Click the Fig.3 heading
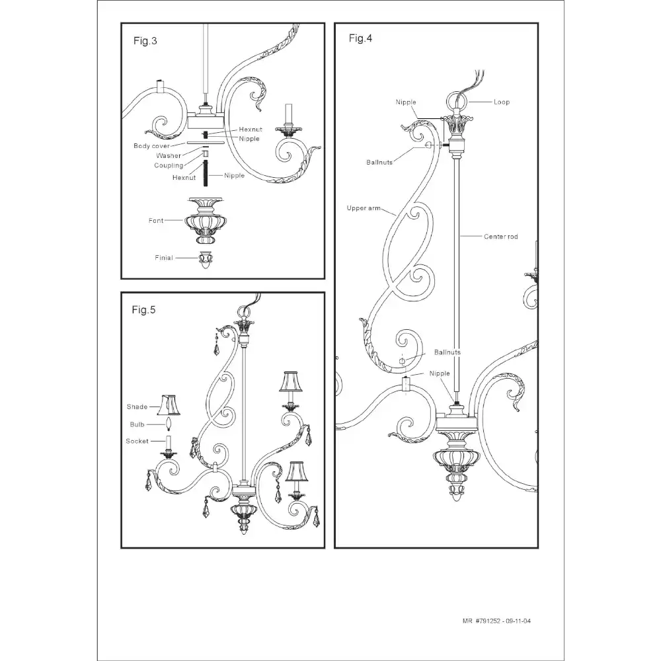pyautogui.click(x=145, y=41)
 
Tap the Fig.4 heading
pyautogui.click(x=360, y=38)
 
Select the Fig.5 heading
pyautogui.click(x=143, y=310)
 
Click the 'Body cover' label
pyautogui.click(x=152, y=146)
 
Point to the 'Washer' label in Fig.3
pyautogui.click(x=169, y=155)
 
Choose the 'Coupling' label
pyautogui.click(x=169, y=166)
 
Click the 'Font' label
pyautogui.click(x=156, y=221)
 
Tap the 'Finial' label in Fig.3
pyautogui.click(x=164, y=258)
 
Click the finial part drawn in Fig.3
pyautogui.click(x=206, y=260)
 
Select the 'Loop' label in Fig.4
pyautogui.click(x=502, y=102)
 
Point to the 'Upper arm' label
pyautogui.click(x=364, y=208)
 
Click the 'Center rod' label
pyautogui.click(x=501, y=237)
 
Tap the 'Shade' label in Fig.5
pyautogui.click(x=137, y=407)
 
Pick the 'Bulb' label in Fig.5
pyautogui.click(x=137, y=424)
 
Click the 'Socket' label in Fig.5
pyautogui.click(x=137, y=441)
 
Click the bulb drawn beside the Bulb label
pyautogui.click(x=169, y=424)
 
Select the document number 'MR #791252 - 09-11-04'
pyautogui.click(x=496, y=621)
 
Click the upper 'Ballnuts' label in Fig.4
pyautogui.click(x=379, y=163)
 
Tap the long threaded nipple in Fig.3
pyautogui.click(x=206, y=173)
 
